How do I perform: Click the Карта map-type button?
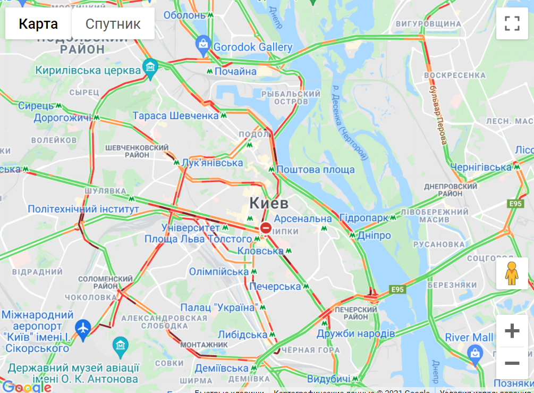point(38,24)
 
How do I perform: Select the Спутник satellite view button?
point(113,24)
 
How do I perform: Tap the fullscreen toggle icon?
point(512,23)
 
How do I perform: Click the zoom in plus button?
point(512,331)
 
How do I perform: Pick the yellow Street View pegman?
point(512,273)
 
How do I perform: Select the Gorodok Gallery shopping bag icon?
point(203,46)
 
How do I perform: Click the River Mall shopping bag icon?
point(474,352)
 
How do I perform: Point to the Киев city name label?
point(269,203)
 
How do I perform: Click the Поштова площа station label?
point(316,170)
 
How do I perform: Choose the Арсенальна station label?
point(302,219)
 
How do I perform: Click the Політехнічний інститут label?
point(83,209)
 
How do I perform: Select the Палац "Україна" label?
point(219,308)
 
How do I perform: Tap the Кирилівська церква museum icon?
point(150,68)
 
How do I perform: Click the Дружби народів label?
point(356,334)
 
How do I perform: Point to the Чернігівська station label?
point(481,167)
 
